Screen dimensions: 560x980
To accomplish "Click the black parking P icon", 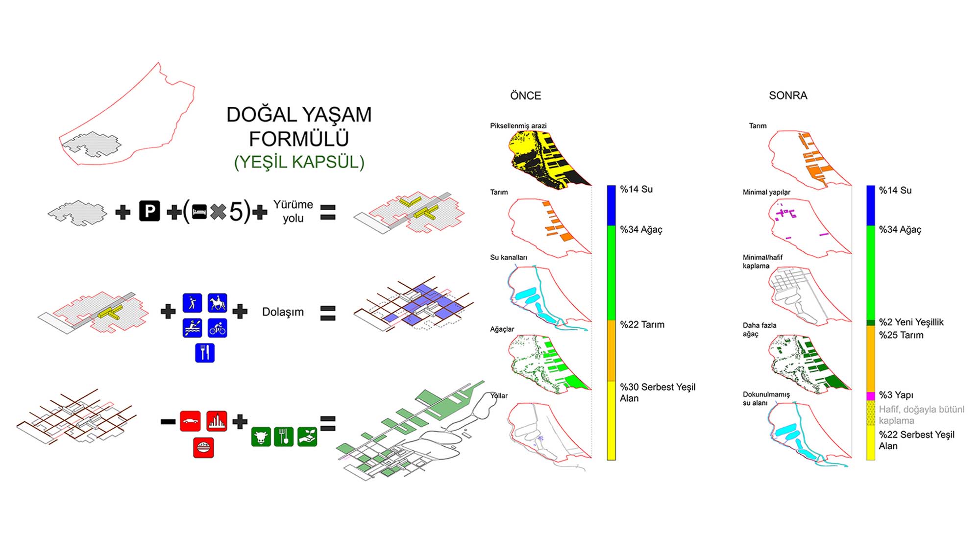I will coord(149,211).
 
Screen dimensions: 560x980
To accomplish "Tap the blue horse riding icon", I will coord(217,303).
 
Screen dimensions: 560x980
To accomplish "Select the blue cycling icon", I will coord(217,328).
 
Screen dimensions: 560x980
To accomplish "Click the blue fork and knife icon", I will coord(205,353).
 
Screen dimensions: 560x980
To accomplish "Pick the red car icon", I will coord(190,421).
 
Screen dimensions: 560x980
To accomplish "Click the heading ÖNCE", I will coord(525,96).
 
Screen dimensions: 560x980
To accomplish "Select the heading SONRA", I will coord(788,96).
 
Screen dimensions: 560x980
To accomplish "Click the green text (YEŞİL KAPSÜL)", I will coord(299,162).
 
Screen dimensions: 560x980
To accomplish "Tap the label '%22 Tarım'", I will coord(642,324).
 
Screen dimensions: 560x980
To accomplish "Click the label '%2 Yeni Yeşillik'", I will coord(911,322).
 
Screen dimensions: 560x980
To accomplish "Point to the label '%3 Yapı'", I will coord(896,395).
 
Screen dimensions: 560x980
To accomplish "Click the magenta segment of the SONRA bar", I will coord(871,396).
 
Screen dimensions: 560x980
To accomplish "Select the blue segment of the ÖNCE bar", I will coord(612,205).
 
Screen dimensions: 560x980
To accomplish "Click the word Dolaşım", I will coord(283,312).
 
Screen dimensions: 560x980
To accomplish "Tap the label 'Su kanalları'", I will coord(509,257).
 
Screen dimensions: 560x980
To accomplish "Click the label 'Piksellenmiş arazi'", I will coord(518,126).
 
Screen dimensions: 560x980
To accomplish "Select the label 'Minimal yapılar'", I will coord(766,192).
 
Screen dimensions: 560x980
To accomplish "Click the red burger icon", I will coord(203,448).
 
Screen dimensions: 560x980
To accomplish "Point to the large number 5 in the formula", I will coord(236,212).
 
